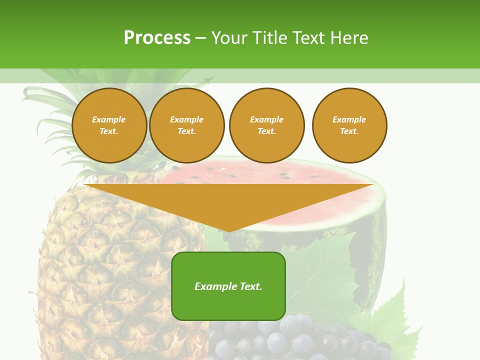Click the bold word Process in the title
pos(157,37)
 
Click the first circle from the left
pos(109,125)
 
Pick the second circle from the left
pos(186,125)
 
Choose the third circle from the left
pos(266,125)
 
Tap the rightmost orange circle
pos(349,125)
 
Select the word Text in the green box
pos(250,286)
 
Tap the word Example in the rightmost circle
pos(349,119)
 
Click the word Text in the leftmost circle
pos(108,131)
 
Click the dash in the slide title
pos(200,37)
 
